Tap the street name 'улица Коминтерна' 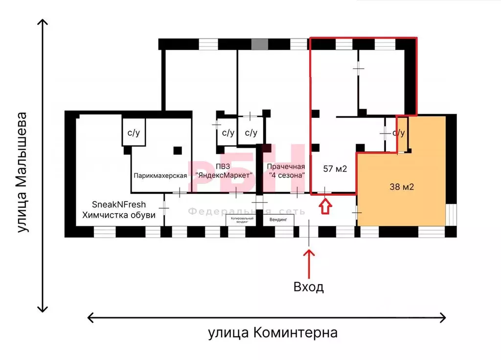[273, 333]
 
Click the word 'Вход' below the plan [308, 287]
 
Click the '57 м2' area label [335, 169]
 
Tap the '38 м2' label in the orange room [402, 186]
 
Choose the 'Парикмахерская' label [159, 176]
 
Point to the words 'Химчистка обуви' [119, 215]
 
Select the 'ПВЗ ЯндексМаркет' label [224, 171]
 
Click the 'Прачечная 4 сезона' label [287, 171]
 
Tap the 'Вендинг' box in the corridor [278, 220]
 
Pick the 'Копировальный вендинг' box [240, 220]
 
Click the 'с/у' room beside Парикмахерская [133, 132]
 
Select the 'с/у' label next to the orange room [399, 133]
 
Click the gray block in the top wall [260, 44]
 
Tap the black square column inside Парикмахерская [178, 150]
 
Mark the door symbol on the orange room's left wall [357, 212]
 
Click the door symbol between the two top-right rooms [359, 68]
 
